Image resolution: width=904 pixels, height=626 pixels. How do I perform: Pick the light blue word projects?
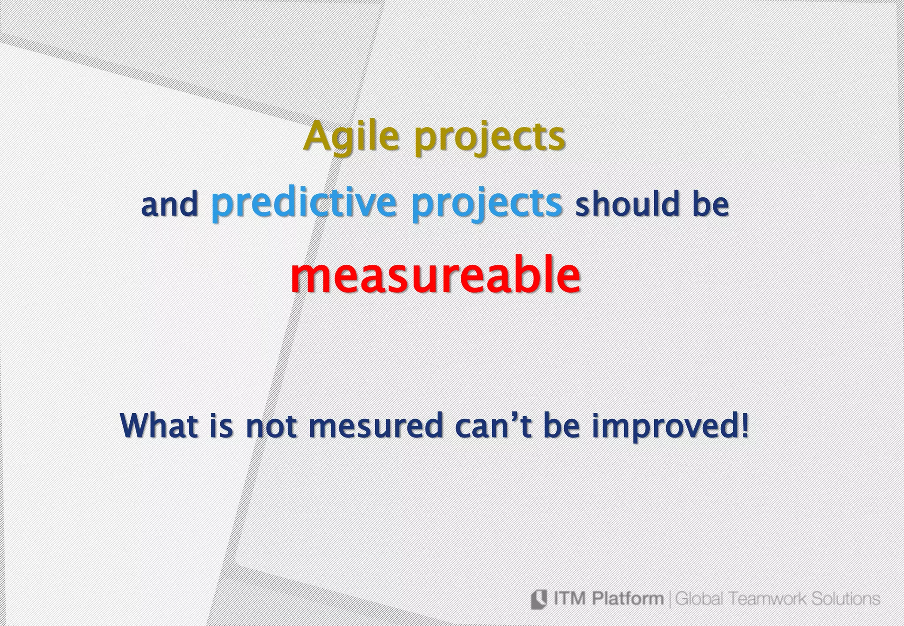coord(487,204)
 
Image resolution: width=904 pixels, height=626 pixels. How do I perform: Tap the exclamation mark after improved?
coord(746,425)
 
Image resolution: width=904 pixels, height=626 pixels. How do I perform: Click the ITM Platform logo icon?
coord(539,599)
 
